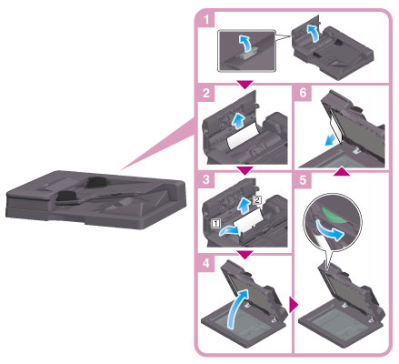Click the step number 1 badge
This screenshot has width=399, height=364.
[206, 20]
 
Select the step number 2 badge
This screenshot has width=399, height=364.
[206, 93]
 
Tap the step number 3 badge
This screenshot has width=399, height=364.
[206, 179]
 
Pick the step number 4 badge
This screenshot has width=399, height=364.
[206, 263]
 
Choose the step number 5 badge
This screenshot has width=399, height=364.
[303, 180]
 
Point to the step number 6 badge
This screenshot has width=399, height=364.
[303, 93]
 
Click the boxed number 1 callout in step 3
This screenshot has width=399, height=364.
[215, 224]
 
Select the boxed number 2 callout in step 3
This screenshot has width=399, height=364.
[257, 199]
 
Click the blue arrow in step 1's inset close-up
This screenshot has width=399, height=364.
[244, 44]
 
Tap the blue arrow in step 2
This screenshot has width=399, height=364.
[238, 122]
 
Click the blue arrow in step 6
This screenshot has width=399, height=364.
[331, 140]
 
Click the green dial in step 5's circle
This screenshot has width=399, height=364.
[334, 214]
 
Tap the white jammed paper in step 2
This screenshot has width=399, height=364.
[243, 137]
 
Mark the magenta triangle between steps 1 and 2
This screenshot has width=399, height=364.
[244, 84]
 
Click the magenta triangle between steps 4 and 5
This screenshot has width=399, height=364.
[294, 304]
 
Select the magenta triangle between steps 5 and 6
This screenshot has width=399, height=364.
[342, 171]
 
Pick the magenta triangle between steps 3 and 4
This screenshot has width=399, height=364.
[244, 254]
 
